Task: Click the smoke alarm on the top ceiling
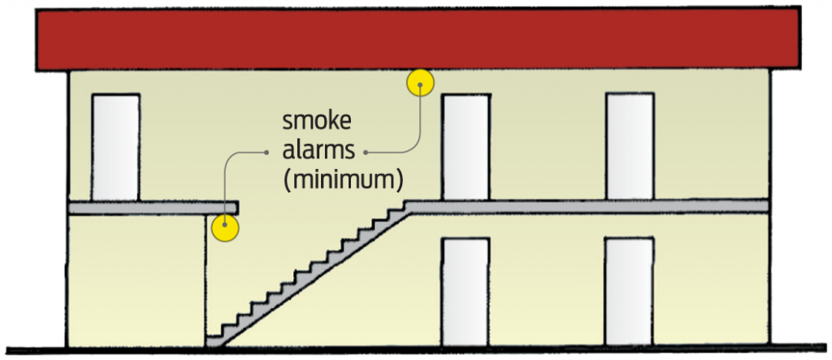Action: click(x=420, y=82)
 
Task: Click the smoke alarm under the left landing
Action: click(x=224, y=227)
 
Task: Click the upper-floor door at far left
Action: click(x=115, y=147)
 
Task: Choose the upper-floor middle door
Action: click(x=466, y=146)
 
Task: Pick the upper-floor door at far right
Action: click(x=630, y=146)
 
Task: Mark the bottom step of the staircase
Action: click(x=216, y=342)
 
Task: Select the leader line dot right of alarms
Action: click(x=367, y=152)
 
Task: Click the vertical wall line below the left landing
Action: click(x=206, y=276)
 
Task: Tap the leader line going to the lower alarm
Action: click(x=225, y=179)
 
